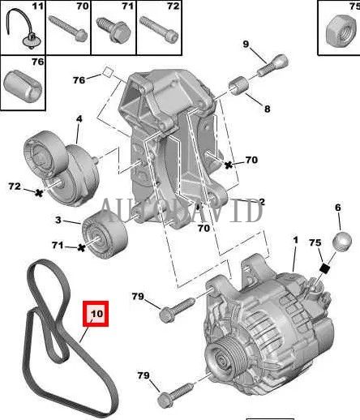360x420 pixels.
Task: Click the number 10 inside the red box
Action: point(96,313)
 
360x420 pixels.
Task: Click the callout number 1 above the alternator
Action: point(295,241)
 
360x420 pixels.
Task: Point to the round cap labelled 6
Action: point(343,240)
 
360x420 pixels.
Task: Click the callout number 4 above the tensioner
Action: point(79,120)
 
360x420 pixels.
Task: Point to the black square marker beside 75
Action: point(323,268)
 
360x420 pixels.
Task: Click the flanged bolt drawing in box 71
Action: point(113,33)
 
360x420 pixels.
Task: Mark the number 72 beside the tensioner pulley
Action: point(15,187)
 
